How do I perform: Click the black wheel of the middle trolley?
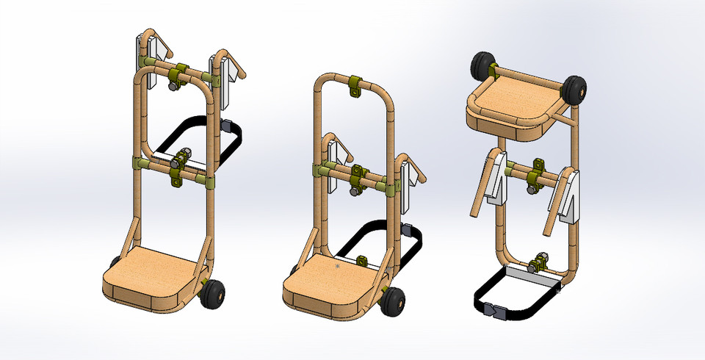(x=394, y=300)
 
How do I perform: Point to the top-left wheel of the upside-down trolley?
(x=482, y=67)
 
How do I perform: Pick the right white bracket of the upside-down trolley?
(x=571, y=195)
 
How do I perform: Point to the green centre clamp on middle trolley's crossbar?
(x=359, y=177)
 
